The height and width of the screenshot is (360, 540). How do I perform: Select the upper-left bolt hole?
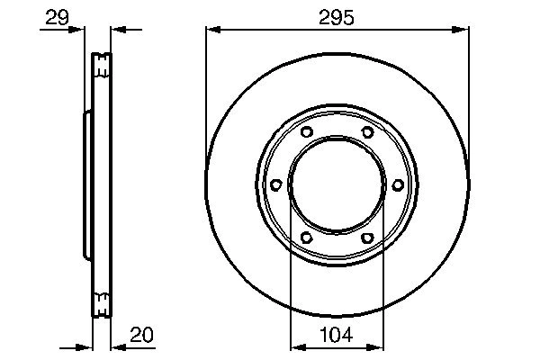tap(306, 133)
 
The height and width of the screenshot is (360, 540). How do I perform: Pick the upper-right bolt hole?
tap(367, 133)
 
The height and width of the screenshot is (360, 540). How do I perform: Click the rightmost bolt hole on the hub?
tap(397, 185)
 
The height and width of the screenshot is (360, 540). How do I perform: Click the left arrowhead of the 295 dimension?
tap(211, 29)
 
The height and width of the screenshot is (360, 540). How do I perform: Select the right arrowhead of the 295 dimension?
tap(463, 29)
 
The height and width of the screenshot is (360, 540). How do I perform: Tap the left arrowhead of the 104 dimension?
tap(295, 346)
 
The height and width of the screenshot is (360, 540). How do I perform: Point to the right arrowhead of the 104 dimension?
tap(378, 346)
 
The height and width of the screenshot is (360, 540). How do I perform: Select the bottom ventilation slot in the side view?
tap(102, 305)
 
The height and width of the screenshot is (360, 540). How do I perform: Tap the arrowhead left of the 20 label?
tap(116, 346)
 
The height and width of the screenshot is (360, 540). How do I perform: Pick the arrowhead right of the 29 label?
tap(82, 29)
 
